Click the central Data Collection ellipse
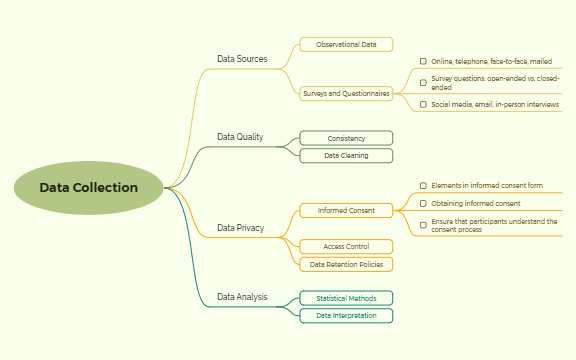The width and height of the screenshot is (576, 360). pyautogui.click(x=89, y=188)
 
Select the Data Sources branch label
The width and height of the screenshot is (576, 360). pyautogui.click(x=242, y=59)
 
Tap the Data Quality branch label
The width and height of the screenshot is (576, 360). pyautogui.click(x=240, y=137)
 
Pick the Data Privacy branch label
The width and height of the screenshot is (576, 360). pyautogui.click(x=241, y=228)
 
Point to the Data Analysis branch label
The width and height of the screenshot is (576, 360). pyautogui.click(x=242, y=297)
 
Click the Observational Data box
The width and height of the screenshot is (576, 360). pyautogui.click(x=346, y=45)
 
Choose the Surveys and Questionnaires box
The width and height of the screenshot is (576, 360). pyautogui.click(x=346, y=93)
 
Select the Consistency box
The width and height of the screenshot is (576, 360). pyautogui.click(x=346, y=138)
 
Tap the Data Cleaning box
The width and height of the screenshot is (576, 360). pyautogui.click(x=346, y=156)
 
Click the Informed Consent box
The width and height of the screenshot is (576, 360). pyautogui.click(x=346, y=211)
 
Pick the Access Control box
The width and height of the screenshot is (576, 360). pyautogui.click(x=346, y=246)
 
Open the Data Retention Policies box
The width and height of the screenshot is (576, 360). pyautogui.click(x=346, y=265)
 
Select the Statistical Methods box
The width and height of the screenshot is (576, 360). pyautogui.click(x=346, y=298)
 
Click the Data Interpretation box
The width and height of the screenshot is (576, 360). pyautogui.click(x=346, y=316)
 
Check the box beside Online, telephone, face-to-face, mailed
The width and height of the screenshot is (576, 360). pyautogui.click(x=423, y=61)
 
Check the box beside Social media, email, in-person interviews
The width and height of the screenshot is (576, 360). pyautogui.click(x=423, y=104)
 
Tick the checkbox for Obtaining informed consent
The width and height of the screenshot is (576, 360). pyautogui.click(x=423, y=203)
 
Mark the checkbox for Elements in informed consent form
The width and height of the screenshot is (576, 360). pyautogui.click(x=423, y=185)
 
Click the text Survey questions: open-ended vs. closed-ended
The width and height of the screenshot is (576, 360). pyautogui.click(x=494, y=82)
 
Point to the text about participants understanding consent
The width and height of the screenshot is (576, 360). pyautogui.click(x=494, y=225)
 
